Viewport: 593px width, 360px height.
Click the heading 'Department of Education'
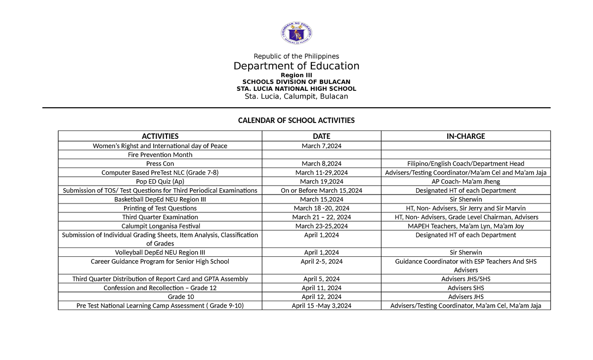pos(296,66)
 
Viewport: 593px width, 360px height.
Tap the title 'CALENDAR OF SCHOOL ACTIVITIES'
pos(296,120)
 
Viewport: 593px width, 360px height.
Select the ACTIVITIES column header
pos(160,136)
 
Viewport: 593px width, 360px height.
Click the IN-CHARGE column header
pos(466,136)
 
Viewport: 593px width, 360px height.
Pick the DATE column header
pos(321,136)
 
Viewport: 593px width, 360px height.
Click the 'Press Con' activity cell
pos(160,163)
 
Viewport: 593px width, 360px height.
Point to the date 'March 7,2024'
pos(321,146)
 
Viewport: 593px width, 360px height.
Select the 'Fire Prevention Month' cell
pos(160,155)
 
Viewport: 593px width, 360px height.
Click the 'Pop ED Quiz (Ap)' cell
pos(160,181)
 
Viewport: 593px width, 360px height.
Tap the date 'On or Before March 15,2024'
pos(321,190)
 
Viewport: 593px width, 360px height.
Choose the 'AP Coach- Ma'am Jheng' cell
pos(466,181)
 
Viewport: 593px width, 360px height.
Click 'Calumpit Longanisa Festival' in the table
pos(160,226)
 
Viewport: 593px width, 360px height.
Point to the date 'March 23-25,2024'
pos(321,226)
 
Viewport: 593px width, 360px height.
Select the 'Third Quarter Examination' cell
pos(160,217)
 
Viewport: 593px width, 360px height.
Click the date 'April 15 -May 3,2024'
pos(321,306)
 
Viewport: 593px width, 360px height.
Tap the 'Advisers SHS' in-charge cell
pos(466,288)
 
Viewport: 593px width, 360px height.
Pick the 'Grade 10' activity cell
pos(160,297)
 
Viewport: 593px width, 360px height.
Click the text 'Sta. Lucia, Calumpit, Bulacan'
pos(296,96)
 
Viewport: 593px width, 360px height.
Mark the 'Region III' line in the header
pos(296,75)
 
